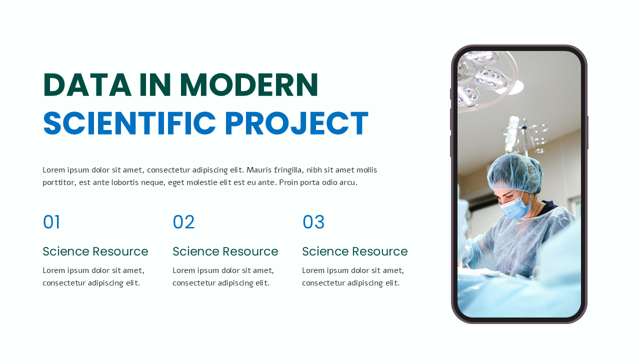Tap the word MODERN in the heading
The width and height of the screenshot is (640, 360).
[249, 85]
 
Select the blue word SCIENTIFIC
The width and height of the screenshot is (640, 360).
[129, 123]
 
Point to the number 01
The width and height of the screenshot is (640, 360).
[51, 222]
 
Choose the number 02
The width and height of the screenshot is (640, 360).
[183, 222]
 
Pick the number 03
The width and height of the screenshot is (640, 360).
[313, 222]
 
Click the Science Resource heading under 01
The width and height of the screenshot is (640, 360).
[95, 251]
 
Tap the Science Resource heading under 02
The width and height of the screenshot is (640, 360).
[225, 251]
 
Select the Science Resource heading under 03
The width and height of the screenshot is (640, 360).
[355, 251]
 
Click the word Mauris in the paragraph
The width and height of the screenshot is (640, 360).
[258, 170]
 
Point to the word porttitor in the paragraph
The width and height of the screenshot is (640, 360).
[58, 182]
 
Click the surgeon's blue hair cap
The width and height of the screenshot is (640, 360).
[515, 172]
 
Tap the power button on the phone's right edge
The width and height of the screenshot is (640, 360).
[587, 132]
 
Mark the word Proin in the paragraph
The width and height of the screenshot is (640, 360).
[289, 182]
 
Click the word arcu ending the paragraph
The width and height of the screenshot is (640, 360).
[348, 182]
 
